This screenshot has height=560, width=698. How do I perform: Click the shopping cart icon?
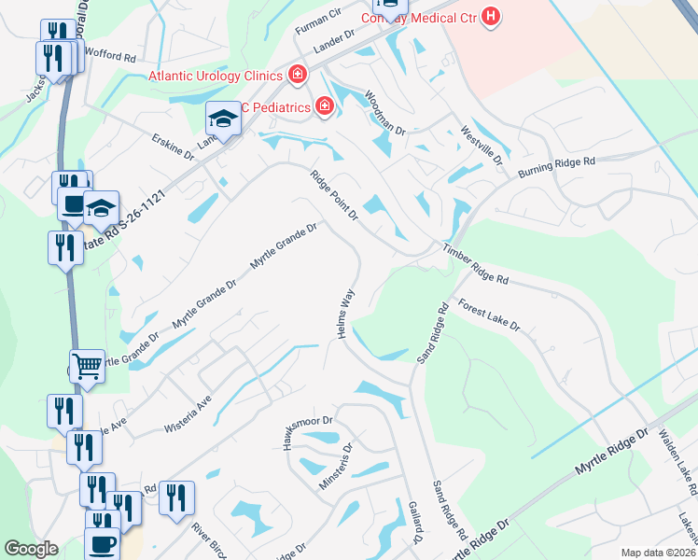pyautogui.click(x=87, y=366)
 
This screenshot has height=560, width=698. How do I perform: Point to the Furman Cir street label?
pyautogui.click(x=318, y=19)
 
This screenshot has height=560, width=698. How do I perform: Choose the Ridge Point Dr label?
pyautogui.click(x=334, y=194)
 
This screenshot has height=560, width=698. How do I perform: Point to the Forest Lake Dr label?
pyautogui.click(x=488, y=316)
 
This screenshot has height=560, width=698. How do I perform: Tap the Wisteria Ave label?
pyautogui.click(x=189, y=405)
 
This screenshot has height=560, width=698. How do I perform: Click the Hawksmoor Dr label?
pyautogui.click(x=300, y=427)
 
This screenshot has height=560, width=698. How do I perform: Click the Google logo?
pyautogui.click(x=32, y=549)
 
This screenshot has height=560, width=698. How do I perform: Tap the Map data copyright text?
pyautogui.click(x=658, y=553)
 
